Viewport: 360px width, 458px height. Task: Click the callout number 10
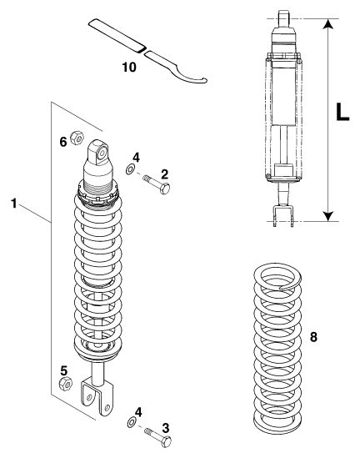[x=129, y=68]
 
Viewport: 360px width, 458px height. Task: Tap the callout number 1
[x=13, y=204]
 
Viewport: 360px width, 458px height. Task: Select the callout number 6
[x=63, y=142]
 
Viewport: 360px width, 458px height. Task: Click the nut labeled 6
[x=77, y=138]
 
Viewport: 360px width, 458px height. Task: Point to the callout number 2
[x=165, y=174]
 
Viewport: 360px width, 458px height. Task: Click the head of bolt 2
[x=165, y=189]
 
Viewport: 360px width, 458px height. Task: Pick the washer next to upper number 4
[x=130, y=169]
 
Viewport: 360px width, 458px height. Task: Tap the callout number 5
[x=64, y=371]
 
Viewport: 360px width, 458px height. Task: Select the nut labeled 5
[x=66, y=384]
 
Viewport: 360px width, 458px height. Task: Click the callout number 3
[x=166, y=428]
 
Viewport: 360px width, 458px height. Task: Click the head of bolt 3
[x=167, y=442]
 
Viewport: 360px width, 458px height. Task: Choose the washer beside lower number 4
[x=132, y=422]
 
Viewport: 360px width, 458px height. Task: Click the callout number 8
[x=313, y=337]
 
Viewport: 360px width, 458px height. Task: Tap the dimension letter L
[x=342, y=112]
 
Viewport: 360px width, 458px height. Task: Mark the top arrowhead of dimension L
[x=328, y=24]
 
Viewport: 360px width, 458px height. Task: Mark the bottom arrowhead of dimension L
[x=328, y=216]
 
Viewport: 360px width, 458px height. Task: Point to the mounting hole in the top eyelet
[x=102, y=153]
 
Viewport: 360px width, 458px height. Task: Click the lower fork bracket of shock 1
[x=97, y=395]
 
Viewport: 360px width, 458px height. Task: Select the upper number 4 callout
[x=136, y=158]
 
